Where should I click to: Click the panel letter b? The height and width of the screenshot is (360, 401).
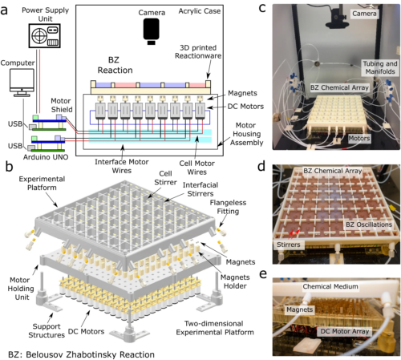[7, 167]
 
